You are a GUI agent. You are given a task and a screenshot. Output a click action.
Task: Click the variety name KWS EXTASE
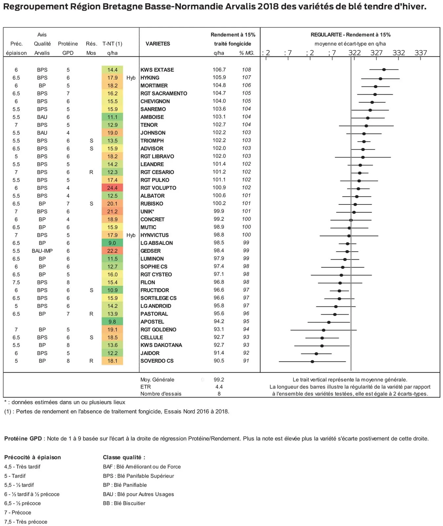[x=157, y=70]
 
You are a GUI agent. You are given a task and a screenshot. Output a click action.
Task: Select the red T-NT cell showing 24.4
[x=112, y=188]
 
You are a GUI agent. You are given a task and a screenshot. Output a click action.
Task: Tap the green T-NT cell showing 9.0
[x=112, y=243]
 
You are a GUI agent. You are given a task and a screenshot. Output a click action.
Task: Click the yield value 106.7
[x=219, y=70]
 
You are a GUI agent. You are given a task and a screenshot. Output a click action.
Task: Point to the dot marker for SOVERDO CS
[x=312, y=361]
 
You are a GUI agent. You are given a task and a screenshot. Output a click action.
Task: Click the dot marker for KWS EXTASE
[x=384, y=69]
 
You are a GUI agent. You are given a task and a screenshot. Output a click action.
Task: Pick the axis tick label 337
[x=421, y=53]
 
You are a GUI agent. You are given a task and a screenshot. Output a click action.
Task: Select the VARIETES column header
[x=158, y=44]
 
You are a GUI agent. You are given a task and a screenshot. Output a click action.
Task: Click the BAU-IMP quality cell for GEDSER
[x=42, y=251]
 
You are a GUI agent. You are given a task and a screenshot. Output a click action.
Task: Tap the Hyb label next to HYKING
[x=131, y=78]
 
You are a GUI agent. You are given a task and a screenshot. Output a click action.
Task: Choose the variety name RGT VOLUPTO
[x=158, y=188]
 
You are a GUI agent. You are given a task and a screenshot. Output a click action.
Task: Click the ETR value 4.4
[x=219, y=387]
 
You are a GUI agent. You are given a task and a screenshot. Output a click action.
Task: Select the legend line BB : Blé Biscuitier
[x=124, y=503]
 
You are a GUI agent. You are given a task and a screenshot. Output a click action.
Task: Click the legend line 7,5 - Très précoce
[x=26, y=522]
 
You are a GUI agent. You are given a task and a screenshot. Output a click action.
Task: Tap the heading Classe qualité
[x=124, y=457]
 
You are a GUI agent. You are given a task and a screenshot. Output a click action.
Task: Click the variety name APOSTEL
[x=152, y=322]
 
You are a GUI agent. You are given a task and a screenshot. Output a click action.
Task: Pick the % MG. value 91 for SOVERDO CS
[x=246, y=361]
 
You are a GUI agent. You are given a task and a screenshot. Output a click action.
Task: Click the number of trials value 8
[x=219, y=394]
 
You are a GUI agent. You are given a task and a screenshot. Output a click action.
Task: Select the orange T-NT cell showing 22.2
[x=112, y=251]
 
